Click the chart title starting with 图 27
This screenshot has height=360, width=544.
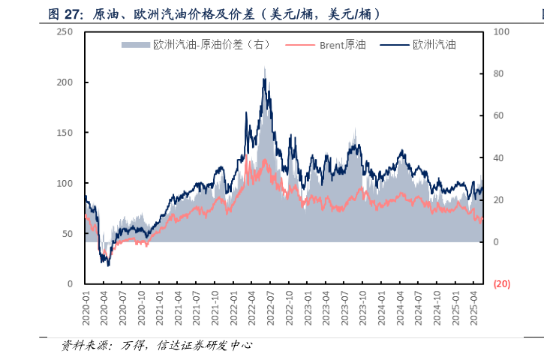pyautogui.click(x=214, y=13)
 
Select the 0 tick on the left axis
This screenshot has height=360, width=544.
pyautogui.click(x=70, y=283)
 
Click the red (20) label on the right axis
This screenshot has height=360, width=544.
pyautogui.click(x=501, y=283)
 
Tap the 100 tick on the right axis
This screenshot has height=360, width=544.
pyautogui.click(x=501, y=31)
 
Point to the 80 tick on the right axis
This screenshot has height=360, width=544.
pyautogui.click(x=499, y=73)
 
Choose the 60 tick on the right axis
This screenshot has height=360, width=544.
pyautogui.click(x=499, y=115)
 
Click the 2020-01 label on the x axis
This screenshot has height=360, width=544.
pyautogui.click(x=86, y=307)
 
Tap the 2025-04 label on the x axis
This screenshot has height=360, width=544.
pyautogui.click(x=473, y=307)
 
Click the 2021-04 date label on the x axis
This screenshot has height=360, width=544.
pyautogui.click(x=179, y=307)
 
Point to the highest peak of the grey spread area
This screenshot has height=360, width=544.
pyautogui.click(x=264, y=68)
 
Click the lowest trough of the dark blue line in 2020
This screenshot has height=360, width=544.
pyautogui.click(x=108, y=265)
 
